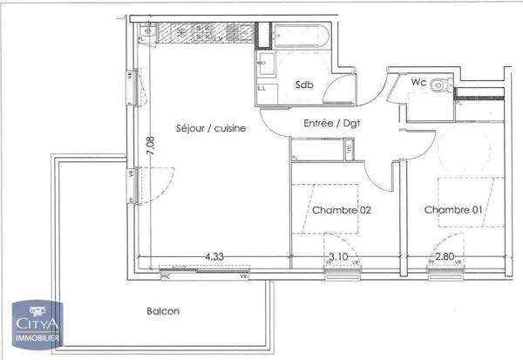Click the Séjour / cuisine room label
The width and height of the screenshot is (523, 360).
coord(210,128)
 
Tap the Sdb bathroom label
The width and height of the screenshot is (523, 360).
coord(304,85)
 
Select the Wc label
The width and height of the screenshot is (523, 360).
coord(418,84)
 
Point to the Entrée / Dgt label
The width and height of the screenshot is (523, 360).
coord(332,124)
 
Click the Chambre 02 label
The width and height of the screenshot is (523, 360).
coord(342,210)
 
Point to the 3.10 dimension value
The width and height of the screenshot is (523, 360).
coord(339,257)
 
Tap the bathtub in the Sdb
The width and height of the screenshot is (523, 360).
coord(299,37)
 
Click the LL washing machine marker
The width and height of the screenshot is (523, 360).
coord(261,87)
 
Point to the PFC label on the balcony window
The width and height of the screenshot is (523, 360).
coord(166,276)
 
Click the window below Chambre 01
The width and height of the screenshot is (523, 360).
coord(446,274)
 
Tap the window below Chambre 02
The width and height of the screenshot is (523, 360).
coord(342,274)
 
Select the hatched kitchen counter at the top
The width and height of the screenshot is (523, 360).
coord(201,34)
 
